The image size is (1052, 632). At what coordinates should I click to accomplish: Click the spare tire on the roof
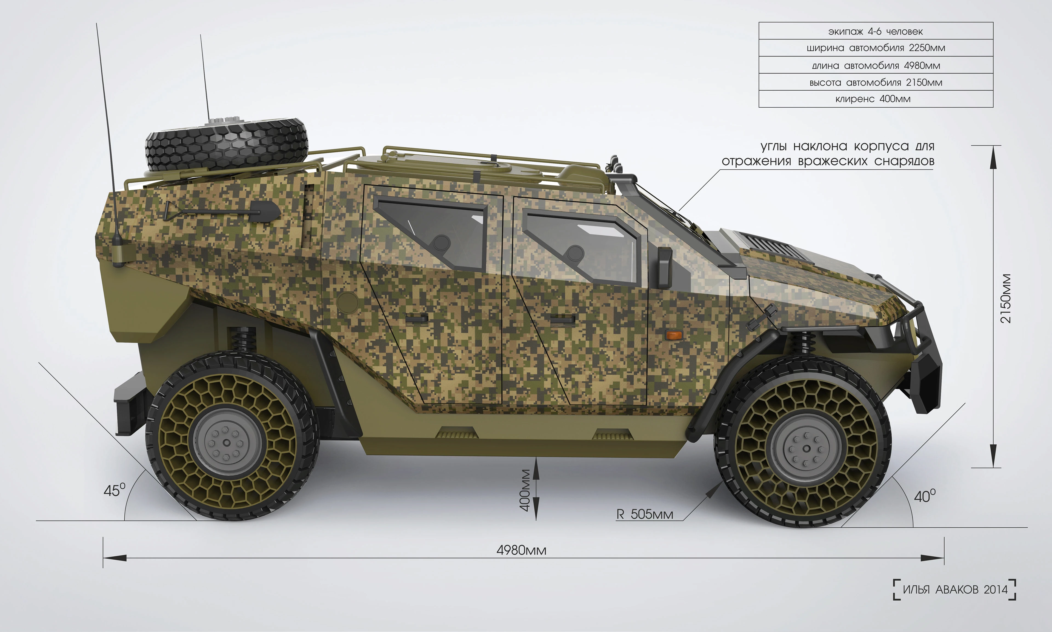pyautogui.click(x=227, y=145)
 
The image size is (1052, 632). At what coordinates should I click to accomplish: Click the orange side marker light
pyautogui.click(x=674, y=335)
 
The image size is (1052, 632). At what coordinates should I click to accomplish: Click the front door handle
pyautogui.click(x=562, y=319)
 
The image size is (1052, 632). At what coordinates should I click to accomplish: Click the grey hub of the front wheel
pyautogui.click(x=806, y=448)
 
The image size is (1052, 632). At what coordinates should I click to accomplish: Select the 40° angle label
pyautogui.click(x=925, y=496)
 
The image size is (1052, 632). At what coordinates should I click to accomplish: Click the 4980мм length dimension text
pyautogui.click(x=521, y=550)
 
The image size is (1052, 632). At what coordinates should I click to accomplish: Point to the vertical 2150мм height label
pyautogui.click(x=1006, y=298)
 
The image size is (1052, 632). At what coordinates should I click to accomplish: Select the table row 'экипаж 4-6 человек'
pyautogui.click(x=876, y=31)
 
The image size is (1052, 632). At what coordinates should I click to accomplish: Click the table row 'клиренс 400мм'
pyautogui.click(x=876, y=99)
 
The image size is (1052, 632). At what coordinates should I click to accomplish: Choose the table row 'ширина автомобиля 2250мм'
pyautogui.click(x=876, y=48)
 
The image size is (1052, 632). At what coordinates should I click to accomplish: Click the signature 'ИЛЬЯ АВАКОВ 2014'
pyautogui.click(x=955, y=590)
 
